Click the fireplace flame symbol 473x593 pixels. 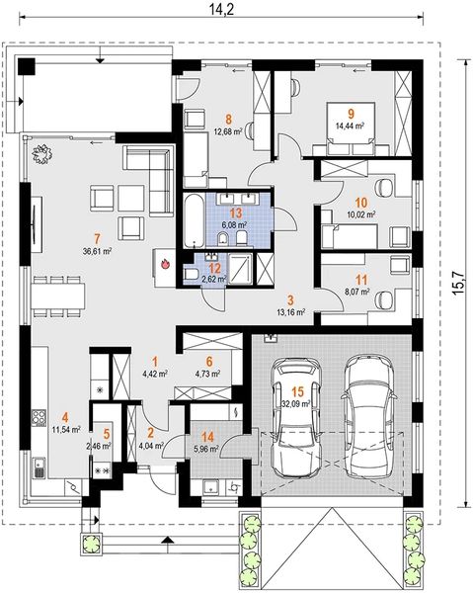click(x=165, y=264)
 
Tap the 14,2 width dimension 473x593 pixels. click(x=222, y=10)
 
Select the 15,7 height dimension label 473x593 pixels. click(x=458, y=283)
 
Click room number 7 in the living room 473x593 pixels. click(x=97, y=239)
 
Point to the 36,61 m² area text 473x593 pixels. click(x=97, y=251)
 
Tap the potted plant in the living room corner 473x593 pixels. click(x=41, y=154)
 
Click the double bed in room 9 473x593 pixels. click(x=351, y=128)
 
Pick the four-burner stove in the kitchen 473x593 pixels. click(x=39, y=418)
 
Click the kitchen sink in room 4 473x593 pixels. click(x=39, y=467)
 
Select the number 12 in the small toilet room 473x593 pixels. click(x=214, y=269)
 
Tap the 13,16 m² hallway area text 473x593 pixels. click(x=291, y=312)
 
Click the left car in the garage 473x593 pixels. click(x=297, y=418)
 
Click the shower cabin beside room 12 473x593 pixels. click(x=240, y=268)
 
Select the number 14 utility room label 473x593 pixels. click(x=207, y=437)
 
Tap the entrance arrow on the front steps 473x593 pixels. click(x=166, y=540)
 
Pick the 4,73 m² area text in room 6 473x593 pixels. click(x=207, y=374)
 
